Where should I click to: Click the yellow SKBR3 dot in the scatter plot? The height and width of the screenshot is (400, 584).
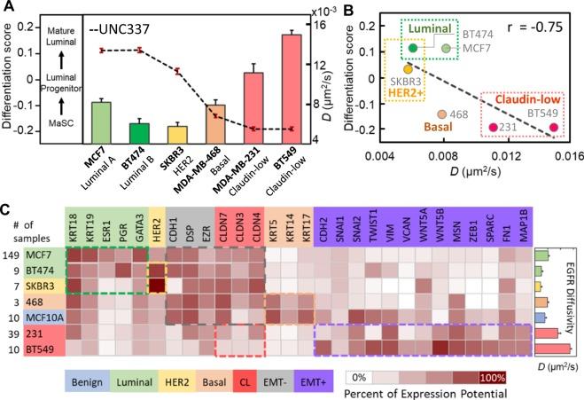coord(408,68)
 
